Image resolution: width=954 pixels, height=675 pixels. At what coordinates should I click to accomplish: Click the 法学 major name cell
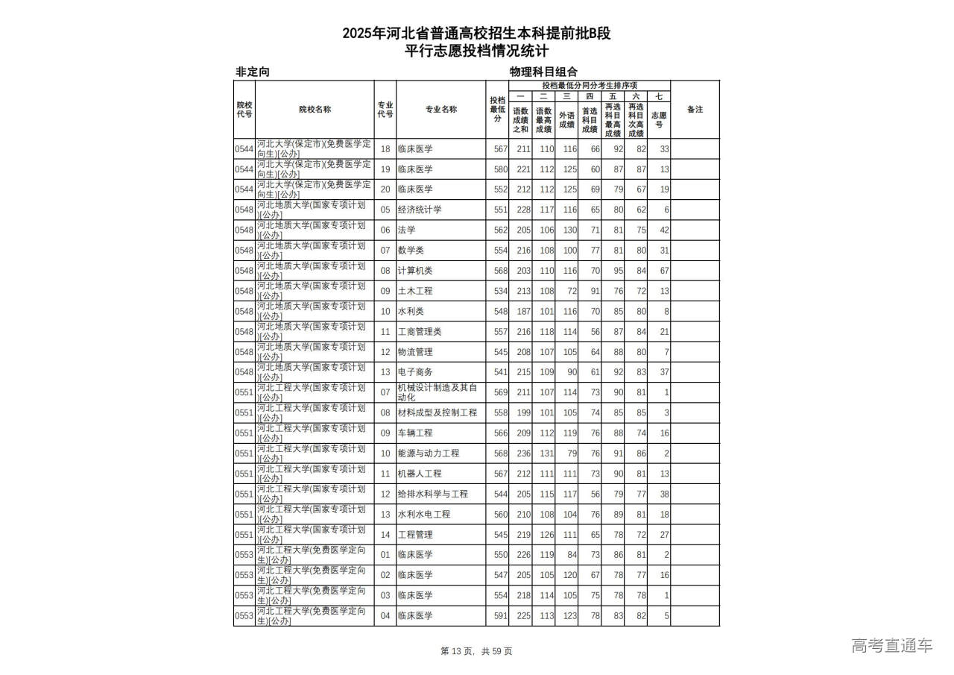pyautogui.click(x=407, y=230)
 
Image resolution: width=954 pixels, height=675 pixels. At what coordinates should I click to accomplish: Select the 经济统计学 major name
pyautogui.click(x=420, y=210)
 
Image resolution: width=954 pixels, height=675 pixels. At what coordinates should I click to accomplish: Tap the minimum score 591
pyautogui.click(x=499, y=616)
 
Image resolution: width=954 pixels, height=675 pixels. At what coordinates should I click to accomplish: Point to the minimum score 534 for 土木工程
pyautogui.click(x=499, y=292)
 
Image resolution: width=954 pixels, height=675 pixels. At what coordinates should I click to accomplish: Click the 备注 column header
pyautogui.click(x=695, y=110)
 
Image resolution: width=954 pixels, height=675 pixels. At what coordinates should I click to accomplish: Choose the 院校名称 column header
pyautogui.click(x=315, y=110)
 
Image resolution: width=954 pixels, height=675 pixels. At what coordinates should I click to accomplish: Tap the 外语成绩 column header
pyautogui.click(x=566, y=119)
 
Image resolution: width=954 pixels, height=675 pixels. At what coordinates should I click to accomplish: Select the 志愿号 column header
pyautogui.click(x=659, y=119)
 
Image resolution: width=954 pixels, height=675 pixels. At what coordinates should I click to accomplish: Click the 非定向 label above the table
pyautogui.click(x=253, y=72)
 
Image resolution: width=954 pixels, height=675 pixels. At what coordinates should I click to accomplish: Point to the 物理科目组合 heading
pyautogui.click(x=543, y=72)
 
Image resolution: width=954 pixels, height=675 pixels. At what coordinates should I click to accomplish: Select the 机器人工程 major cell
pyautogui.click(x=420, y=474)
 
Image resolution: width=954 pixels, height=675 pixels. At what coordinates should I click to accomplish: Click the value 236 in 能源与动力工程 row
pyautogui.click(x=520, y=453)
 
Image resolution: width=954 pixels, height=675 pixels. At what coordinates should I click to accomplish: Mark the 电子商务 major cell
pyautogui.click(x=415, y=372)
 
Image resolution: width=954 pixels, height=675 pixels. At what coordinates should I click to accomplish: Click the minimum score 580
pyautogui.click(x=499, y=170)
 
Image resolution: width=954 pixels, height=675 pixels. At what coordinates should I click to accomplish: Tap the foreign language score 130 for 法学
pyautogui.click(x=567, y=230)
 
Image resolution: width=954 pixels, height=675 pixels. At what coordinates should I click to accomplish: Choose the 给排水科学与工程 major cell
pyautogui.click(x=432, y=495)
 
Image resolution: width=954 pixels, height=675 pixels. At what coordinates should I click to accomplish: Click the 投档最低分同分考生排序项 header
pyautogui.click(x=589, y=85)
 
